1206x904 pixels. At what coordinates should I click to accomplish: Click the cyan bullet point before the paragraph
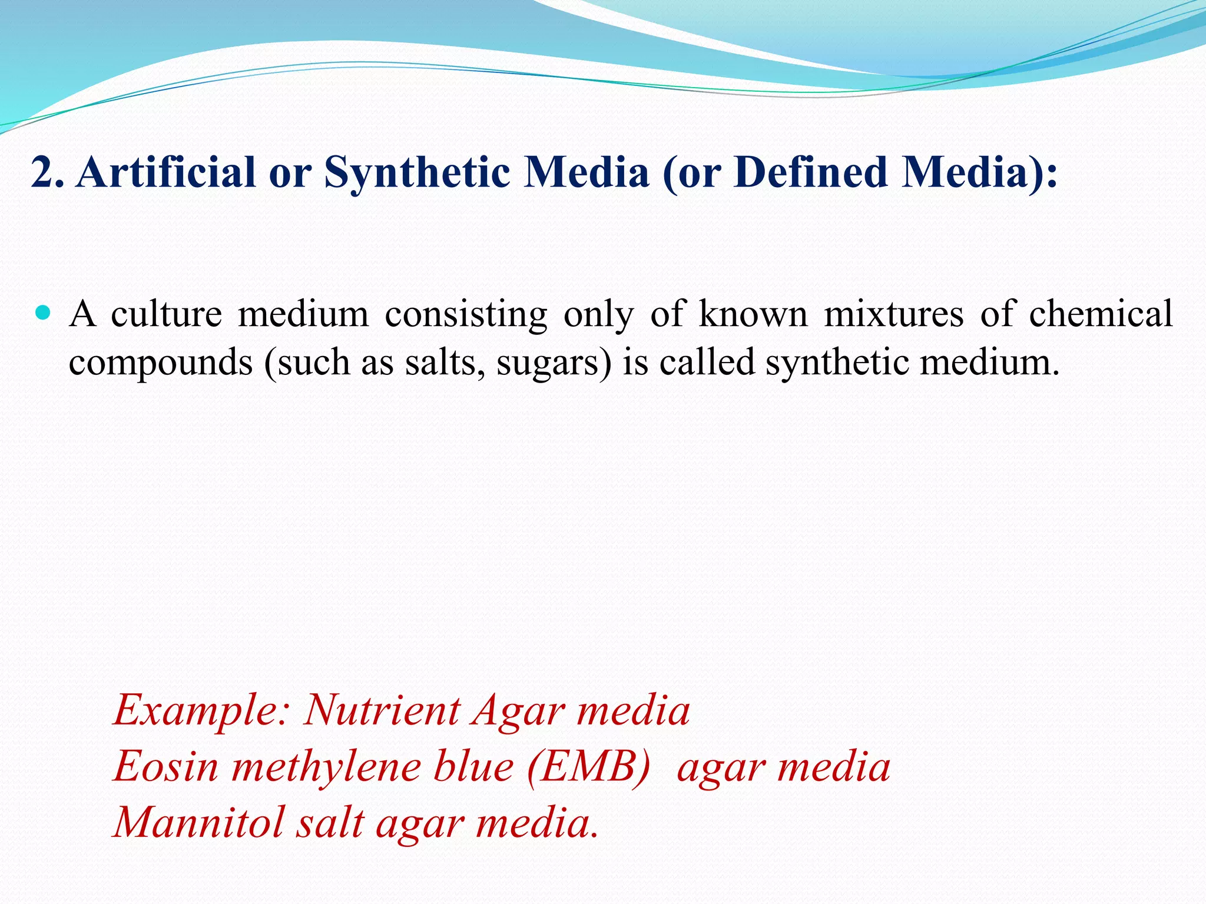[43, 312]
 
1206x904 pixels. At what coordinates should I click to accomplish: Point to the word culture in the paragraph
[167, 314]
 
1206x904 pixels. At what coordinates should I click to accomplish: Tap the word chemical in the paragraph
[1101, 314]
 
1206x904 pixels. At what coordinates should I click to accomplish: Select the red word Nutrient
[382, 710]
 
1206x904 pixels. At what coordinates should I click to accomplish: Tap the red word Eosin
[166, 767]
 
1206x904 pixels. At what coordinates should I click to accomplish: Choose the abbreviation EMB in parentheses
[589, 767]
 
